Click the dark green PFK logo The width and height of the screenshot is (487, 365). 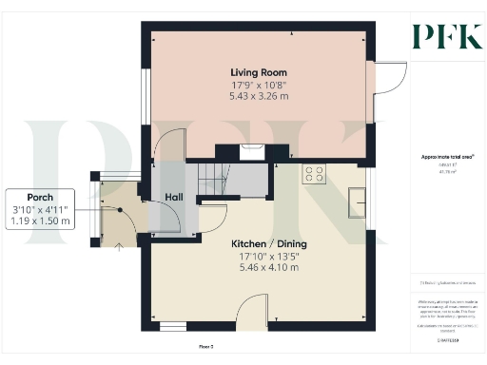[x=446, y=35]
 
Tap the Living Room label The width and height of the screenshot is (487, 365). [x=259, y=72]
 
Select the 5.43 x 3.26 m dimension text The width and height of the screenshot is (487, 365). [x=259, y=96]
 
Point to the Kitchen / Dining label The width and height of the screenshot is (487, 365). [x=269, y=243]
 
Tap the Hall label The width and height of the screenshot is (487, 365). [x=173, y=197]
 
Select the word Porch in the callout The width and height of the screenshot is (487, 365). [x=39, y=197]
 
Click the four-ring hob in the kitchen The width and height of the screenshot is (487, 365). [x=314, y=174]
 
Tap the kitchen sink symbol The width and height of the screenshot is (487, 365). [x=360, y=201]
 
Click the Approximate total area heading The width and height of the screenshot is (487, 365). [x=448, y=157]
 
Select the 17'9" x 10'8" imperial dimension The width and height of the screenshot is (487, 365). [x=259, y=85]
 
